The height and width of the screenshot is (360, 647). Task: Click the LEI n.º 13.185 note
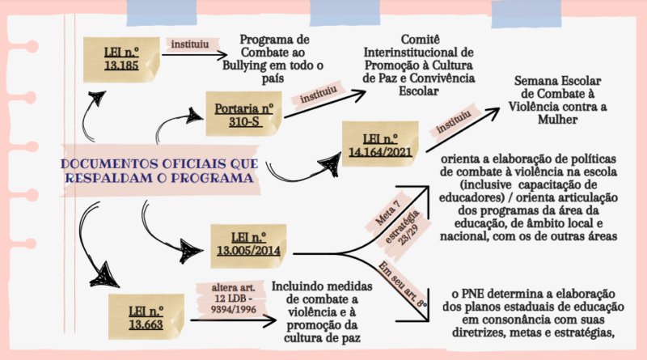pyautogui.click(x=121, y=59)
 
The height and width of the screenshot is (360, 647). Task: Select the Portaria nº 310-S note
pyautogui.click(x=244, y=114)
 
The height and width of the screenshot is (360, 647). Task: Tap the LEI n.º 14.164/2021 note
pyautogui.click(x=380, y=144)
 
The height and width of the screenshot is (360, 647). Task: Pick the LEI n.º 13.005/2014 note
pyautogui.click(x=248, y=247)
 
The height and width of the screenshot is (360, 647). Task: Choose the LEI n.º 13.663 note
pyautogui.click(x=146, y=316)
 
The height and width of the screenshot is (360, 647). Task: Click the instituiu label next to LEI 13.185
pyautogui.click(x=190, y=44)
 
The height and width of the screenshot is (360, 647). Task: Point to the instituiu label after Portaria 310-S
pyautogui.click(x=318, y=95)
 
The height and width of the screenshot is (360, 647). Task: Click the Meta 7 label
pyautogui.click(x=387, y=214)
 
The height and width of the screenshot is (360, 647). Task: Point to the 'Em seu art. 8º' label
pyautogui.click(x=403, y=285)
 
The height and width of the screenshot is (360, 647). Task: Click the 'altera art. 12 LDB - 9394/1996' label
pyautogui.click(x=233, y=298)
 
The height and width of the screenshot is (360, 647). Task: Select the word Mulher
pyautogui.click(x=557, y=120)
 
